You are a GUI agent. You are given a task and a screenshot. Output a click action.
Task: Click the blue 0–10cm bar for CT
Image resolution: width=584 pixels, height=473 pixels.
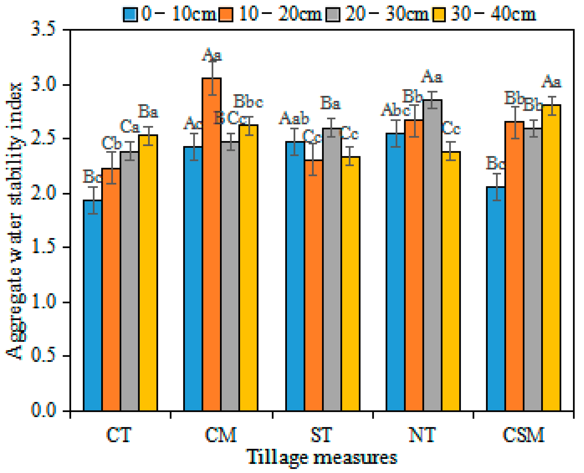click(x=93, y=305)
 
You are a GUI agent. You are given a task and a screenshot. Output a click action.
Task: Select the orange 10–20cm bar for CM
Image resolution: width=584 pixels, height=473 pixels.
click(x=211, y=245)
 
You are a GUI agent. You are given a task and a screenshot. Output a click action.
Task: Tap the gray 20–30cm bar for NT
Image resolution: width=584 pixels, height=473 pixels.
click(x=433, y=256)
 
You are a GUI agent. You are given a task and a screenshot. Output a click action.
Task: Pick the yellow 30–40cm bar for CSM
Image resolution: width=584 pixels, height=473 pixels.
click(x=551, y=259)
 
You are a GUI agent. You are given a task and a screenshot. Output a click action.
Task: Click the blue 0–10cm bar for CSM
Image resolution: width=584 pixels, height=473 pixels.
click(x=496, y=300)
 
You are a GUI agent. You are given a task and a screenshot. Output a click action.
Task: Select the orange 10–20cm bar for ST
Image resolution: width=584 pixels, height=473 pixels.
click(x=313, y=286)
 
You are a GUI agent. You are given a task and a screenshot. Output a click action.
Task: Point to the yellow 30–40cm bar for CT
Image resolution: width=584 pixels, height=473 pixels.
click(x=148, y=272)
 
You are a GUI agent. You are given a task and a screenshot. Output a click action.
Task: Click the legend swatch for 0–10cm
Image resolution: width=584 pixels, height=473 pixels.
click(x=130, y=14)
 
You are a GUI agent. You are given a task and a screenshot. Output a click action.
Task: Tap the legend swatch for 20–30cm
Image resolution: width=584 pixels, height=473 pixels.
click(x=333, y=14)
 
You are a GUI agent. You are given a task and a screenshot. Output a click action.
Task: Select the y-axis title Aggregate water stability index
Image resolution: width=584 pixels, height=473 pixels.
click(x=14, y=221)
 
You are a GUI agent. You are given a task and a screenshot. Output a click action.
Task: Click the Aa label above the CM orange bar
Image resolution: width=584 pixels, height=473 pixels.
click(x=212, y=55)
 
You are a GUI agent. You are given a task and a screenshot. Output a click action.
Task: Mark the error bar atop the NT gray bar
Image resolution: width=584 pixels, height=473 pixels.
click(x=433, y=100)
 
